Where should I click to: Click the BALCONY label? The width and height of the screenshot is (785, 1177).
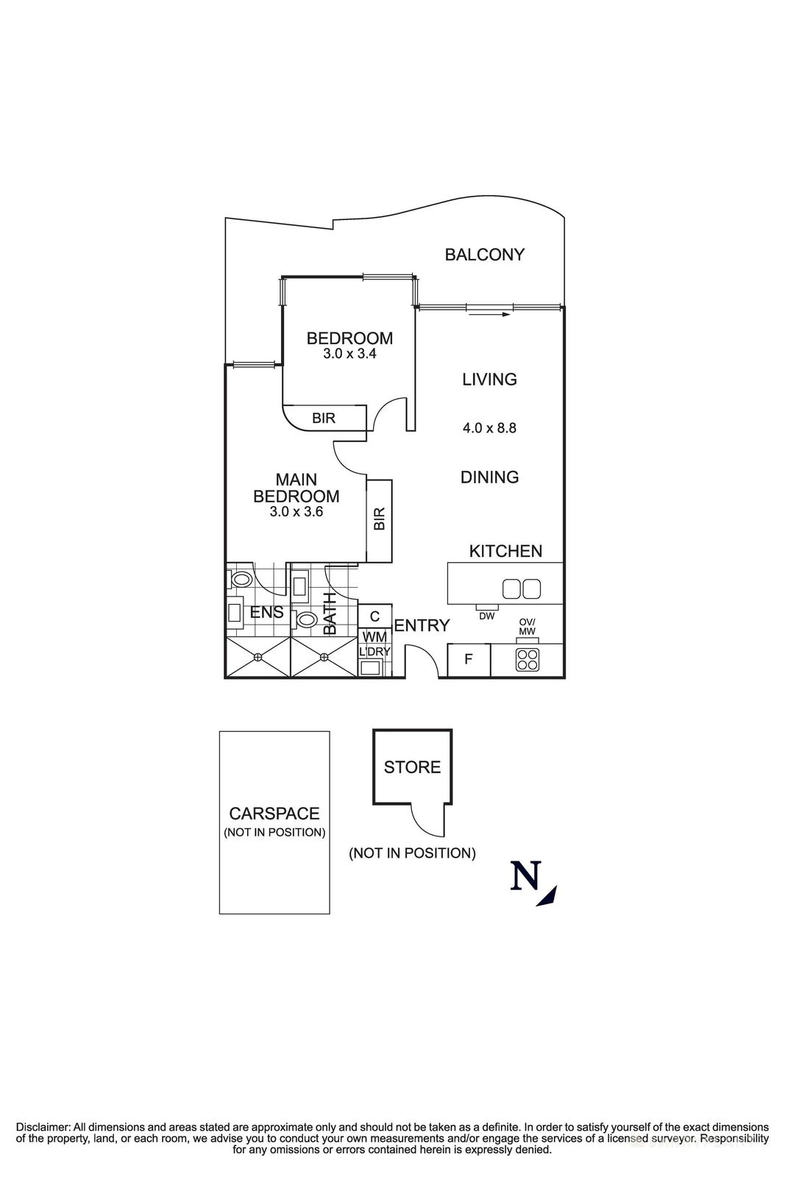coord(484,255)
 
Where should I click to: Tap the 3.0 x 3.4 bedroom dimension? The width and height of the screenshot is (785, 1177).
coord(349,354)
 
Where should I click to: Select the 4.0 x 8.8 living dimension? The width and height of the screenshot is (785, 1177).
coord(489,427)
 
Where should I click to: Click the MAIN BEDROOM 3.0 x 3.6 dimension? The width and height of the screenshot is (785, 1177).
coord(296,511)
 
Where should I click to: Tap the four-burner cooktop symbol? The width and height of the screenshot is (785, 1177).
coord(527,661)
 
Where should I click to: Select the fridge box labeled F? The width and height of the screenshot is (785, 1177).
coord(468,660)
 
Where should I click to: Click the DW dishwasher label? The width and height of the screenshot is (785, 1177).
coord(486,616)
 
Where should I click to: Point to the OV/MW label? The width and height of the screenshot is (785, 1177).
coord(527,627)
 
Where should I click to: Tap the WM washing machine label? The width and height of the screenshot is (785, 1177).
coord(374,636)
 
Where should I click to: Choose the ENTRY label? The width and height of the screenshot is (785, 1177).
coord(422,626)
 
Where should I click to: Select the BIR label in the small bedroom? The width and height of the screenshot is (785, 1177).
coord(324,418)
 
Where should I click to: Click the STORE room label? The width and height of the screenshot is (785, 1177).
coord(412,767)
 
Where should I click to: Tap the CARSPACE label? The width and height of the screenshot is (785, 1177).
coord(274,814)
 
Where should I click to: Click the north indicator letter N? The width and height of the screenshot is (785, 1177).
coord(525,877)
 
